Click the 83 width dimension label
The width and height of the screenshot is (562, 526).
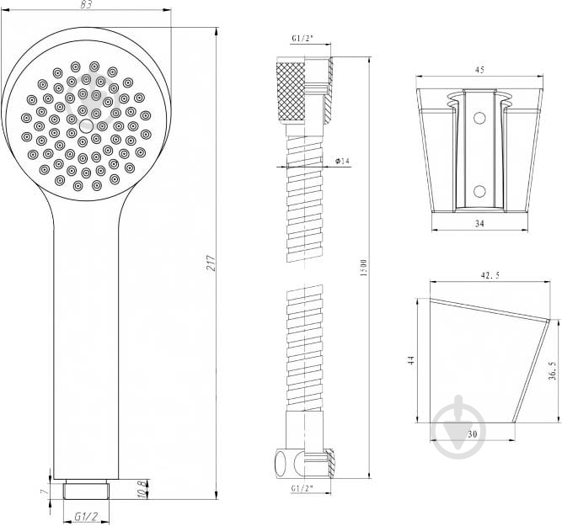coord(87,4)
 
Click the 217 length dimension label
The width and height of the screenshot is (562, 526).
coord(211,263)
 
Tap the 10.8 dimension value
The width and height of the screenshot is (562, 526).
coord(142,490)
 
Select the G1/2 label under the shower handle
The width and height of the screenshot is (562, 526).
coord(87,517)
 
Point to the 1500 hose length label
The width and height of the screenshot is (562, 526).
coord(364,268)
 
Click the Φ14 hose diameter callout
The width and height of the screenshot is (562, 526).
coord(342,161)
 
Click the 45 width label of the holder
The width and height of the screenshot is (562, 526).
coord(479,70)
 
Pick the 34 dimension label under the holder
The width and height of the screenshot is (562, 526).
coord(479,223)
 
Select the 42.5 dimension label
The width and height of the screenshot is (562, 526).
coord(490,275)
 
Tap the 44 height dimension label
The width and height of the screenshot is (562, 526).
coord(412,360)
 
